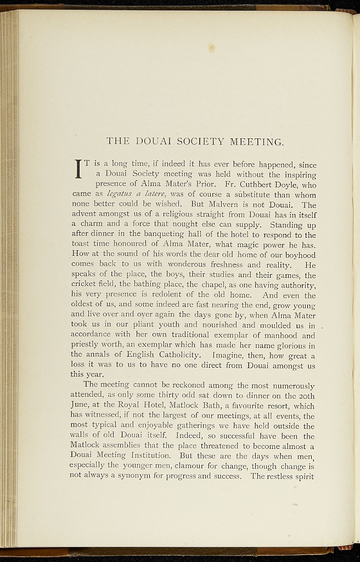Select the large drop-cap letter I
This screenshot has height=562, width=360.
79,168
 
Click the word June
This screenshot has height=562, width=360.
81,407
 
